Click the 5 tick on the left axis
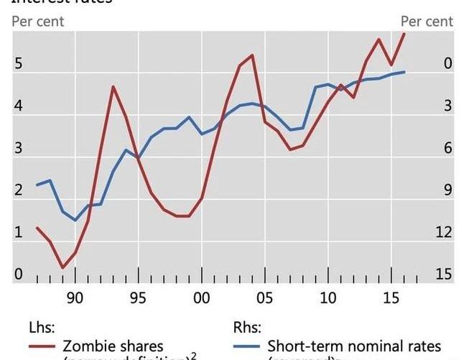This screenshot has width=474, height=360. pos(19,64)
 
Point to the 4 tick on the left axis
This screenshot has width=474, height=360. pos(19,106)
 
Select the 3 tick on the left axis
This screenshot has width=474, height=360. pos(19,149)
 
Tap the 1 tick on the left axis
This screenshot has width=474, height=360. pos(19,233)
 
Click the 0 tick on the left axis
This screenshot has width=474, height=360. pos(19,274)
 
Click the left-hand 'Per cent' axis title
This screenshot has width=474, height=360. pos(38,22)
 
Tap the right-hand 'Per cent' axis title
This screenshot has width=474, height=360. pos(427,22)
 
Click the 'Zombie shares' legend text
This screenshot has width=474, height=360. pos(113,346)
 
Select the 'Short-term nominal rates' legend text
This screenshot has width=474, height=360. pos(354,346)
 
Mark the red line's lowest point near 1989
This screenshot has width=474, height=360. pos(62,267)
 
